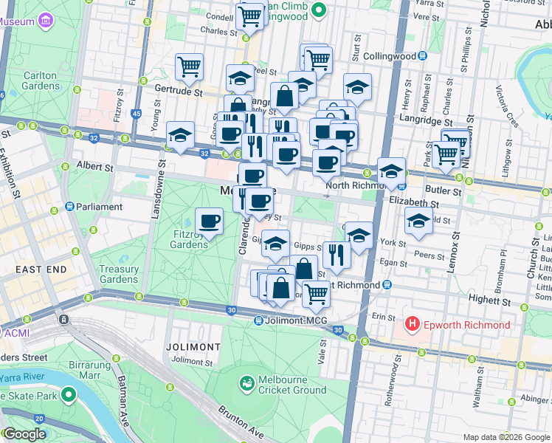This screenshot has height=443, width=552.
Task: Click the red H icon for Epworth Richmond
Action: coord(412,325)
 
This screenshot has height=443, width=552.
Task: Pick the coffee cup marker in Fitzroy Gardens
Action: coord(210,220)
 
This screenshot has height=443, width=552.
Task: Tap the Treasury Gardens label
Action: coord(119,275)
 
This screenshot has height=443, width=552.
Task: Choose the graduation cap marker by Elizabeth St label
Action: coord(418,221)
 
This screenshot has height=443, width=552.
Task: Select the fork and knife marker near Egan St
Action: coord(336,255)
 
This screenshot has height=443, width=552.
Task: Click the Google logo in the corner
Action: coord(24,434)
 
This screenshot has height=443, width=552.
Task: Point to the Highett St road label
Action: coord(491,301)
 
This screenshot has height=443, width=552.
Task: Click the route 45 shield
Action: coord(136,114)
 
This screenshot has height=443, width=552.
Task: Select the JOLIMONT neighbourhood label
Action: coord(193,346)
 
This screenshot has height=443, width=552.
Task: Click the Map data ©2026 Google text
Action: coord(506,437)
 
